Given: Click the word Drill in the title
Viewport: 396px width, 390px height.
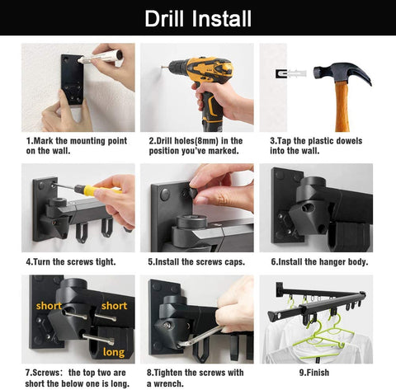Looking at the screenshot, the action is (164, 19).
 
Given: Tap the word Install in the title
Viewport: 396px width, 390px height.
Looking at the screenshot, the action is (221, 19).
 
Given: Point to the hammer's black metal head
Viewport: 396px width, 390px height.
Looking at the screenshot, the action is (342, 73).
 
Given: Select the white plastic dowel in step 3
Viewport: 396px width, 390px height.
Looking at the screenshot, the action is (296, 73).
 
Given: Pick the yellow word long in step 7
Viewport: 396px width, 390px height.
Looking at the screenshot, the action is (114, 352).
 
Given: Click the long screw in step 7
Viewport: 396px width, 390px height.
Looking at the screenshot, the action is (98, 340).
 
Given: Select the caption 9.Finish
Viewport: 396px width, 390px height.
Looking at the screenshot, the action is (314, 373).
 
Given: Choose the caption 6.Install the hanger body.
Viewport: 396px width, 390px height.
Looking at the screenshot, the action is (319, 261).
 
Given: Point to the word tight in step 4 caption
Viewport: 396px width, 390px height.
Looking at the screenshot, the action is (106, 261).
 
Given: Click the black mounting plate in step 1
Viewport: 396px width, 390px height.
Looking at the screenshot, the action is (72, 79).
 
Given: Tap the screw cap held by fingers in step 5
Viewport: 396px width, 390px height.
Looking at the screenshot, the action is (192, 192).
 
